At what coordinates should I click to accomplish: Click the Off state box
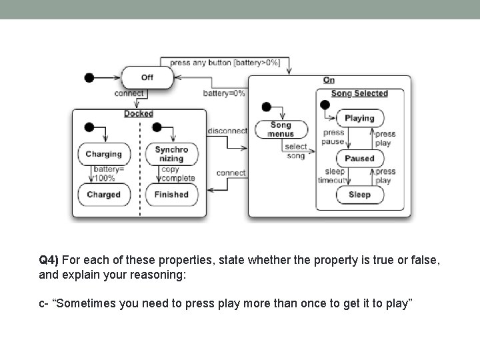147,77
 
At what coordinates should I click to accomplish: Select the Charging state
103,154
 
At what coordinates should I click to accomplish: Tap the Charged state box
103,195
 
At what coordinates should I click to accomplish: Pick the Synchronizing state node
171,154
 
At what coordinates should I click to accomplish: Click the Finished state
171,195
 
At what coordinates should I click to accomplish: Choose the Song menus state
281,129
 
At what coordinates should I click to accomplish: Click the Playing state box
359,118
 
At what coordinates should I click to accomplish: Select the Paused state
359,159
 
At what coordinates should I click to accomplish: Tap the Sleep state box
359,195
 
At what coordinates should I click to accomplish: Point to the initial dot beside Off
89,77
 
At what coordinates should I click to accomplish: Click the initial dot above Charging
89,127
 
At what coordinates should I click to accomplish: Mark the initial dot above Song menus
266,107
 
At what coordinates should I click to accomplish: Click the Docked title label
139,114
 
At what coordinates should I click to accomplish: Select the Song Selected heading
359,93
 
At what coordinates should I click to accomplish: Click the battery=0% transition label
224,93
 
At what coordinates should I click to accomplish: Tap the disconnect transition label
227,131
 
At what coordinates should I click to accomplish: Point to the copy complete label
177,174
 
